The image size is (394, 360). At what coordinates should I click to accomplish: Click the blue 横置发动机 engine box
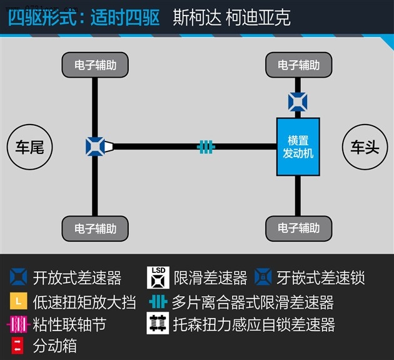coord(298,147)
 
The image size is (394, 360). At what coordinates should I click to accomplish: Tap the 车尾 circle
coord(29,147)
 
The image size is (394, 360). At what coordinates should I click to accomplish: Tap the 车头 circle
coord(365,147)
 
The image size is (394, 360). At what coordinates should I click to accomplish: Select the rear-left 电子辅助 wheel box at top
coord(95,65)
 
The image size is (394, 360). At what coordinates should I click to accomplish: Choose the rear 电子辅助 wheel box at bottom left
coord(95,229)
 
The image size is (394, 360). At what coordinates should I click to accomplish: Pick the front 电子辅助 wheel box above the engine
coord(299,65)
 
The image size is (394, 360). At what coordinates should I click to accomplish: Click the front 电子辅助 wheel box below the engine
coord(299,228)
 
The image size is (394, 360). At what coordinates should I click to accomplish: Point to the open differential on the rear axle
coord(95,147)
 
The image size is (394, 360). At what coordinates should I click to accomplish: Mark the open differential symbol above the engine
coord(298,102)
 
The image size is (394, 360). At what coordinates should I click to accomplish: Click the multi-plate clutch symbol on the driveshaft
coord(206,147)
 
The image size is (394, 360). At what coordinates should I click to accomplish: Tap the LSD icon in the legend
coord(158,277)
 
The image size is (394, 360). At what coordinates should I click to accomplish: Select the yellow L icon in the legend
coord(19,301)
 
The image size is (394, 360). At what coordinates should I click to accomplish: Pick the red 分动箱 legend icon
coord(18,346)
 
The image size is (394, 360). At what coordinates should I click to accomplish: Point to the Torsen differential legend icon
coord(158,323)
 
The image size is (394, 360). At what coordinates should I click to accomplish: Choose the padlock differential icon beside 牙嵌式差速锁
coord(263,277)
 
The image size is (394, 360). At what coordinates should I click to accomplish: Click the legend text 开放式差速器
coord(77,278)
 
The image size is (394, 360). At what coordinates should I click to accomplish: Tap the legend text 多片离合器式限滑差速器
coord(253,302)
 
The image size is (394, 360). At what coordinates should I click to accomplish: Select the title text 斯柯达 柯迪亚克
coord(231,18)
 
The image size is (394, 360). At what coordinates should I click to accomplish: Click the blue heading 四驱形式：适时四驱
coord(84,18)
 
